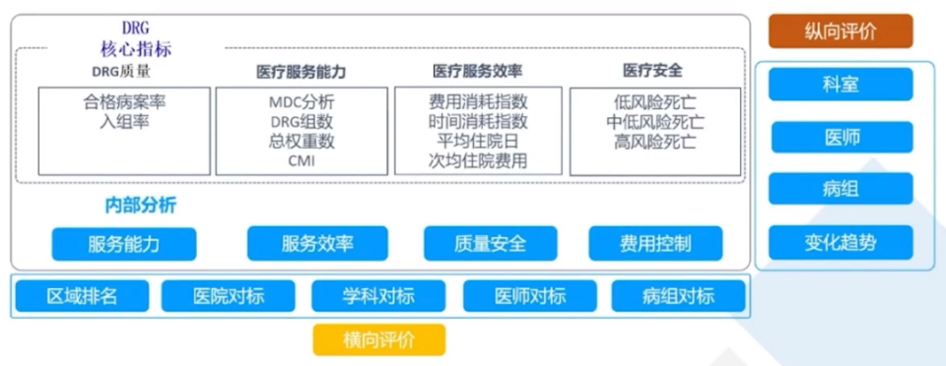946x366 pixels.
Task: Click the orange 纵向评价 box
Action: (x=841, y=30)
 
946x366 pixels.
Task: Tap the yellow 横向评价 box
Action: (x=379, y=340)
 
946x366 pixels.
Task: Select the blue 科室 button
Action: (x=841, y=85)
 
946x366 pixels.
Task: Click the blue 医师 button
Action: (x=841, y=137)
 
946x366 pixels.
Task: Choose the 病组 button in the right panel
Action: (x=841, y=189)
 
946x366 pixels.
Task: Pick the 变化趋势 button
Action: (x=841, y=242)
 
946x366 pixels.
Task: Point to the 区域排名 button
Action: (x=81, y=296)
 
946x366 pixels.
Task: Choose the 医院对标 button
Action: (x=229, y=296)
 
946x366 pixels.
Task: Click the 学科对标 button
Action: (x=378, y=296)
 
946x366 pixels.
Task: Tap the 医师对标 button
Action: (x=529, y=296)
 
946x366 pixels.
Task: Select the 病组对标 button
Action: (x=678, y=296)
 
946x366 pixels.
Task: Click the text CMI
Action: (x=302, y=160)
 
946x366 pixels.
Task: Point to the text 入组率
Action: (x=123, y=121)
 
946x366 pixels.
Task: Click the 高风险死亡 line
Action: (x=655, y=141)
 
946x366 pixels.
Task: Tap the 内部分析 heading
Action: (x=141, y=206)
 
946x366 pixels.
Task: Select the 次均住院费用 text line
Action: (x=478, y=160)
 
